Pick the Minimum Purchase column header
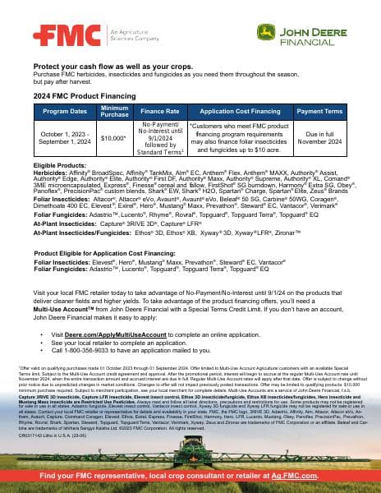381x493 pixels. (x=114, y=111)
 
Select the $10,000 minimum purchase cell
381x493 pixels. (x=113, y=139)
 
